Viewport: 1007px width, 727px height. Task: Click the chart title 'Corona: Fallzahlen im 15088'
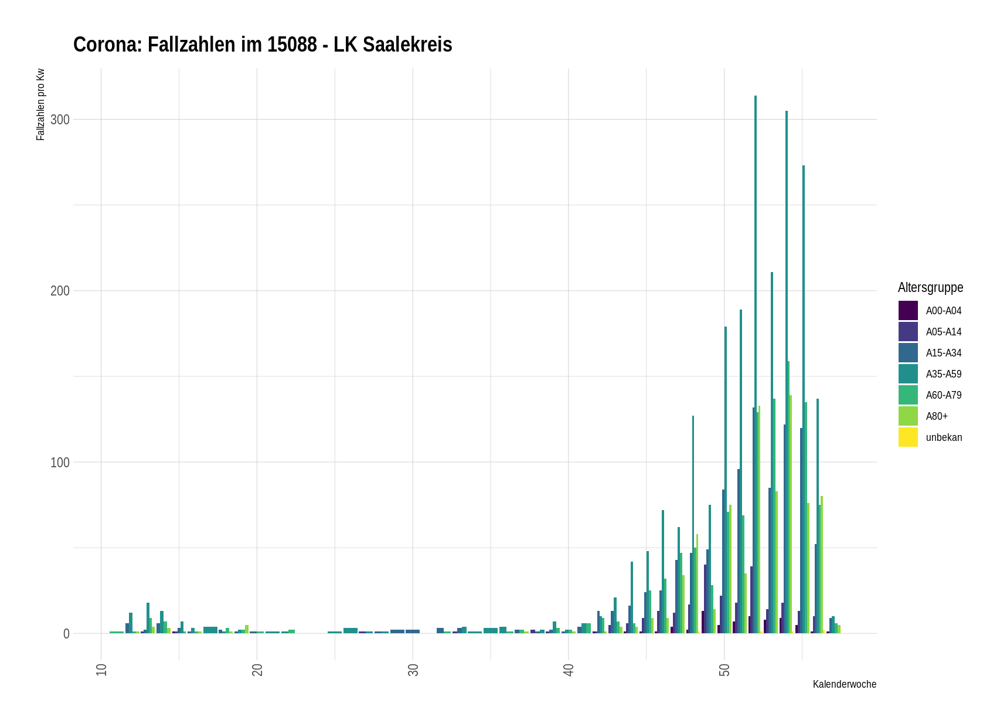coord(263,45)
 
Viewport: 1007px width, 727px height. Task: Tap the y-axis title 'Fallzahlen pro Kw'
coord(40,104)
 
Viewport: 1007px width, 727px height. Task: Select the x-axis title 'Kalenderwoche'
coord(844,684)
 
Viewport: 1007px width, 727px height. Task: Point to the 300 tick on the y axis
coord(60,120)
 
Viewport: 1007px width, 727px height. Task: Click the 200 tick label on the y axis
coord(60,291)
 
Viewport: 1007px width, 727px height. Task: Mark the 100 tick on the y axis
coord(60,463)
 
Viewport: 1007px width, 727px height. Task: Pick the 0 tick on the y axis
coord(66,634)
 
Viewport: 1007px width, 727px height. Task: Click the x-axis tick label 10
coord(101,670)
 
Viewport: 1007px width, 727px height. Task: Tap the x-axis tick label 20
coord(257,670)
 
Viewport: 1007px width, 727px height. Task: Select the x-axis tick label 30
coord(413,670)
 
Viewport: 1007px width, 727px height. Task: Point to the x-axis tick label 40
coord(569,670)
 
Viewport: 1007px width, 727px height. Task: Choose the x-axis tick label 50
coord(724,670)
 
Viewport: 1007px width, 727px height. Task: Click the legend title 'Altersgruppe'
coord(930,287)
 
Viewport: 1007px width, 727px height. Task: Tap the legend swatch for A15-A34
coord(908,353)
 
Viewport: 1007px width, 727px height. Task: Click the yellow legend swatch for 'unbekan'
coord(908,437)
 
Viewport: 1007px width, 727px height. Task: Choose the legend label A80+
coord(937,416)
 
